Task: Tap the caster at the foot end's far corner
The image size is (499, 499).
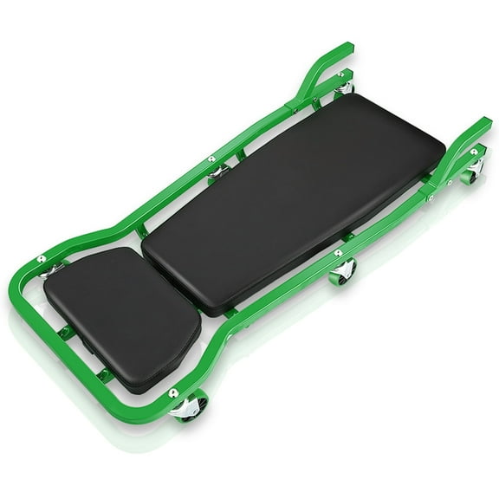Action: pyautogui.click(x=345, y=87)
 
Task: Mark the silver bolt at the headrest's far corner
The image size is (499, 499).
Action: pyautogui.click(x=41, y=259)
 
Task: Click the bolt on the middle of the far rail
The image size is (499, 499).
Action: pyautogui.click(x=210, y=159)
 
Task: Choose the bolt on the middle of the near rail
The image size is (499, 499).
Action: pyautogui.click(x=338, y=253)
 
